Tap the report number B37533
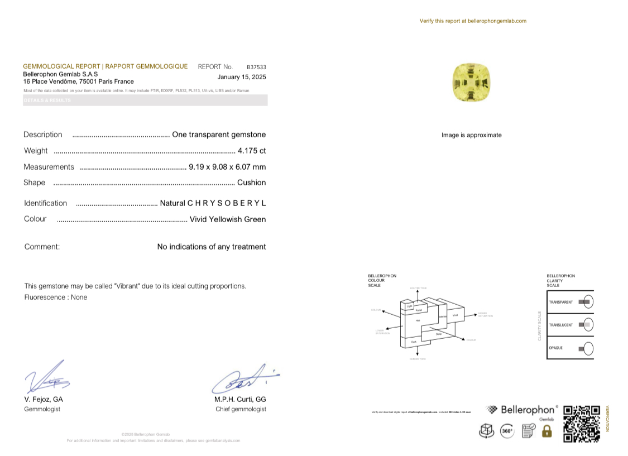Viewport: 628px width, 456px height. [256, 67]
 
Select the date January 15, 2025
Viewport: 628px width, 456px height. [242, 77]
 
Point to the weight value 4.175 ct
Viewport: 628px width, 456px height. [251, 151]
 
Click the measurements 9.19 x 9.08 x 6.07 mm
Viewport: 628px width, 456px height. [227, 167]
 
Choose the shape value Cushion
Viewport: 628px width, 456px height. [251, 183]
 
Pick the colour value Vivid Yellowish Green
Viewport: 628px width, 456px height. [228, 219]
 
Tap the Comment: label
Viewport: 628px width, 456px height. [42, 247]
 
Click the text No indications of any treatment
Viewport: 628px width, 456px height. [212, 247]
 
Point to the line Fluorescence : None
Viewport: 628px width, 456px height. [56, 297]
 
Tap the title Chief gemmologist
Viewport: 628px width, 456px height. [241, 409]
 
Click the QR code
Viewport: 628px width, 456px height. [581, 424]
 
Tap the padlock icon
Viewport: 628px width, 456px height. [546, 431]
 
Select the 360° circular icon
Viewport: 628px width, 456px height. [507, 431]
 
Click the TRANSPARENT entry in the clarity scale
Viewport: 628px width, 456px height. [561, 302]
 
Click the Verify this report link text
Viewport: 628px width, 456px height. [473, 21]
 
